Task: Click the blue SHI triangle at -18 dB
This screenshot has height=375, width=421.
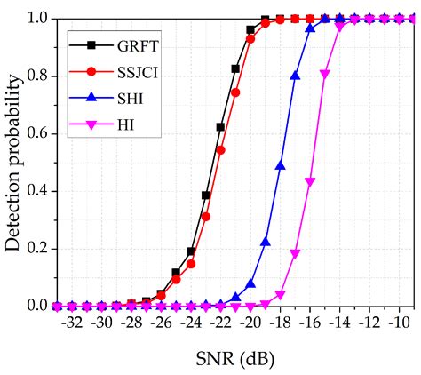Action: (281, 165)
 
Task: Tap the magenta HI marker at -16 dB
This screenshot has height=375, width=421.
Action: (310, 182)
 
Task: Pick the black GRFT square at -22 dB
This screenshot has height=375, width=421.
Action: (220, 127)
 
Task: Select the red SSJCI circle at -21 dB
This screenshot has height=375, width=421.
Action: (235, 92)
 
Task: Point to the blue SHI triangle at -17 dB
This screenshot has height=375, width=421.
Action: (296, 76)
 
